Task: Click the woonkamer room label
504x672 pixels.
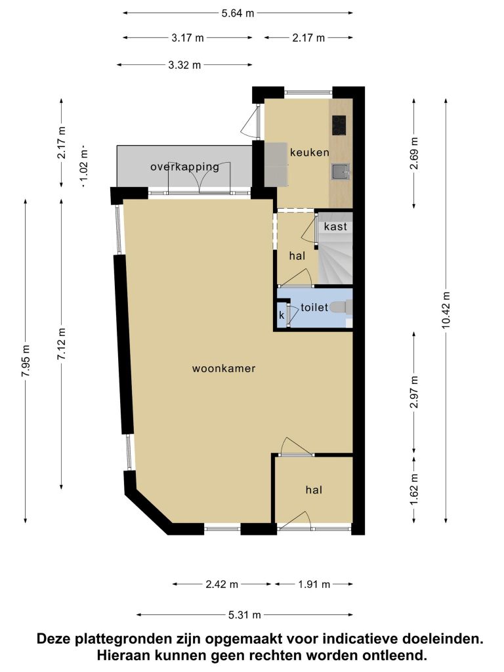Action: pos(224,368)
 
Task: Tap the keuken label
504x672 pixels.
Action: pos(310,152)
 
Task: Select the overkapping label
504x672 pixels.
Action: pos(184,167)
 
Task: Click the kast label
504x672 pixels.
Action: pos(335,226)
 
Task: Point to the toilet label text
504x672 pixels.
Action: pos(314,307)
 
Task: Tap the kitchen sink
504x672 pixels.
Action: pos(341,171)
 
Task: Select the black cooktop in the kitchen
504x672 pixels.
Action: pos(339,125)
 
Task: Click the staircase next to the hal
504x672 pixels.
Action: pos(335,262)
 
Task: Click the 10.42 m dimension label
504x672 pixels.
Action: pos(446,310)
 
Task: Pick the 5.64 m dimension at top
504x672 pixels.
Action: pos(238,13)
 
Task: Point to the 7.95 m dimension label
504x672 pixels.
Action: pos(26,361)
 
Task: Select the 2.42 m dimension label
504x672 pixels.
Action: pos(222,584)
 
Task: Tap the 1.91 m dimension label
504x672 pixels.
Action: pos(314,584)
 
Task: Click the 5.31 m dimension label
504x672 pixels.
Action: pos(245,615)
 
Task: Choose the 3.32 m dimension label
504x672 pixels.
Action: pos(184,65)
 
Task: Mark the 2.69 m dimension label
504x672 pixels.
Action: pos(414,154)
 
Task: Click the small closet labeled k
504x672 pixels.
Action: pos(282,316)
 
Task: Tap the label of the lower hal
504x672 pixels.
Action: pos(314,490)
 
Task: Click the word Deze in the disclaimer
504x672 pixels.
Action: pos(54,639)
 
